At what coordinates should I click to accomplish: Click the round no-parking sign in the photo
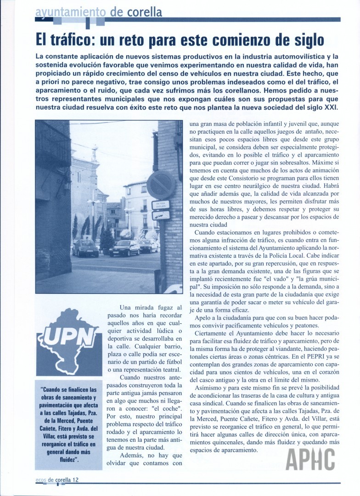pyautogui.click(x=161, y=184)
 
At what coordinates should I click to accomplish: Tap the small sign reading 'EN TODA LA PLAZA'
pyautogui.click(x=161, y=205)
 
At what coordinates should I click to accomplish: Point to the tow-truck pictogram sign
pyautogui.click(x=161, y=215)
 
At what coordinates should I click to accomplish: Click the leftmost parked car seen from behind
pyautogui.click(x=85, y=248)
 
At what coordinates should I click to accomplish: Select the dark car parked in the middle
pyautogui.click(x=124, y=248)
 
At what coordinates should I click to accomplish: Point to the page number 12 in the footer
pyautogui.click(x=76, y=480)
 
